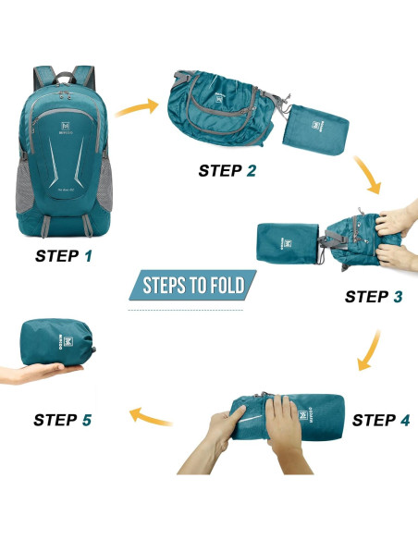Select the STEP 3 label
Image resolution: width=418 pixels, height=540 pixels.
point(373,297)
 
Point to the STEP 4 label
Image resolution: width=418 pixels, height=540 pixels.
point(380,420)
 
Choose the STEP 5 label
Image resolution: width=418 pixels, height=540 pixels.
point(63,420)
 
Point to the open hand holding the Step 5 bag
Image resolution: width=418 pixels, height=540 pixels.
point(42,374)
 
